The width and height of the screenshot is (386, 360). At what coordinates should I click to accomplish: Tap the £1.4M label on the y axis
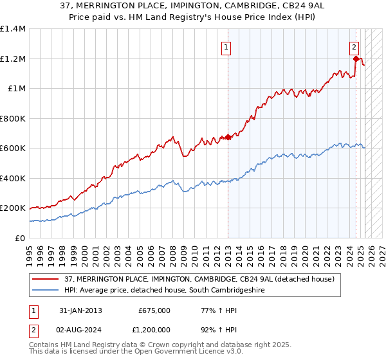(13, 29)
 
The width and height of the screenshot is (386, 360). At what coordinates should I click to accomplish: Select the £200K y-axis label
(13, 208)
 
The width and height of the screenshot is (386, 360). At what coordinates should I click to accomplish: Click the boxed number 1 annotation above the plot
(226, 46)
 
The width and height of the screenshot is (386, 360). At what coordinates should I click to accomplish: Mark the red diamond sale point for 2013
(228, 137)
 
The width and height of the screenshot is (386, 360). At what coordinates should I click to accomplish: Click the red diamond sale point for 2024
(356, 59)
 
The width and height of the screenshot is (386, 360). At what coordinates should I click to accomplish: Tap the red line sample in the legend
(46, 280)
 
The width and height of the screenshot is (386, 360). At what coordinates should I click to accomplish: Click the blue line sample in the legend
(46, 291)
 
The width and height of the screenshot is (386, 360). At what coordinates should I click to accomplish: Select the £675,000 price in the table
(154, 310)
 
